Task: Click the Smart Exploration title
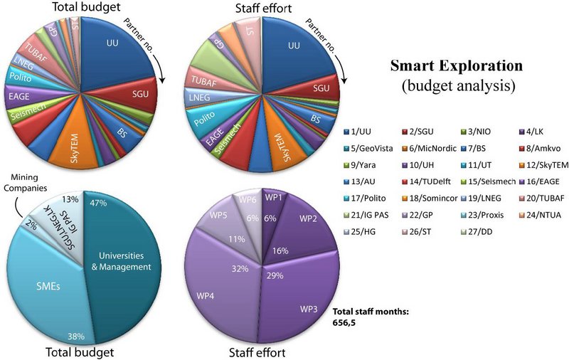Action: [x=456, y=67]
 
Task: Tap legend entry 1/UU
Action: [x=362, y=132]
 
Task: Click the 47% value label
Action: [x=98, y=202]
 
